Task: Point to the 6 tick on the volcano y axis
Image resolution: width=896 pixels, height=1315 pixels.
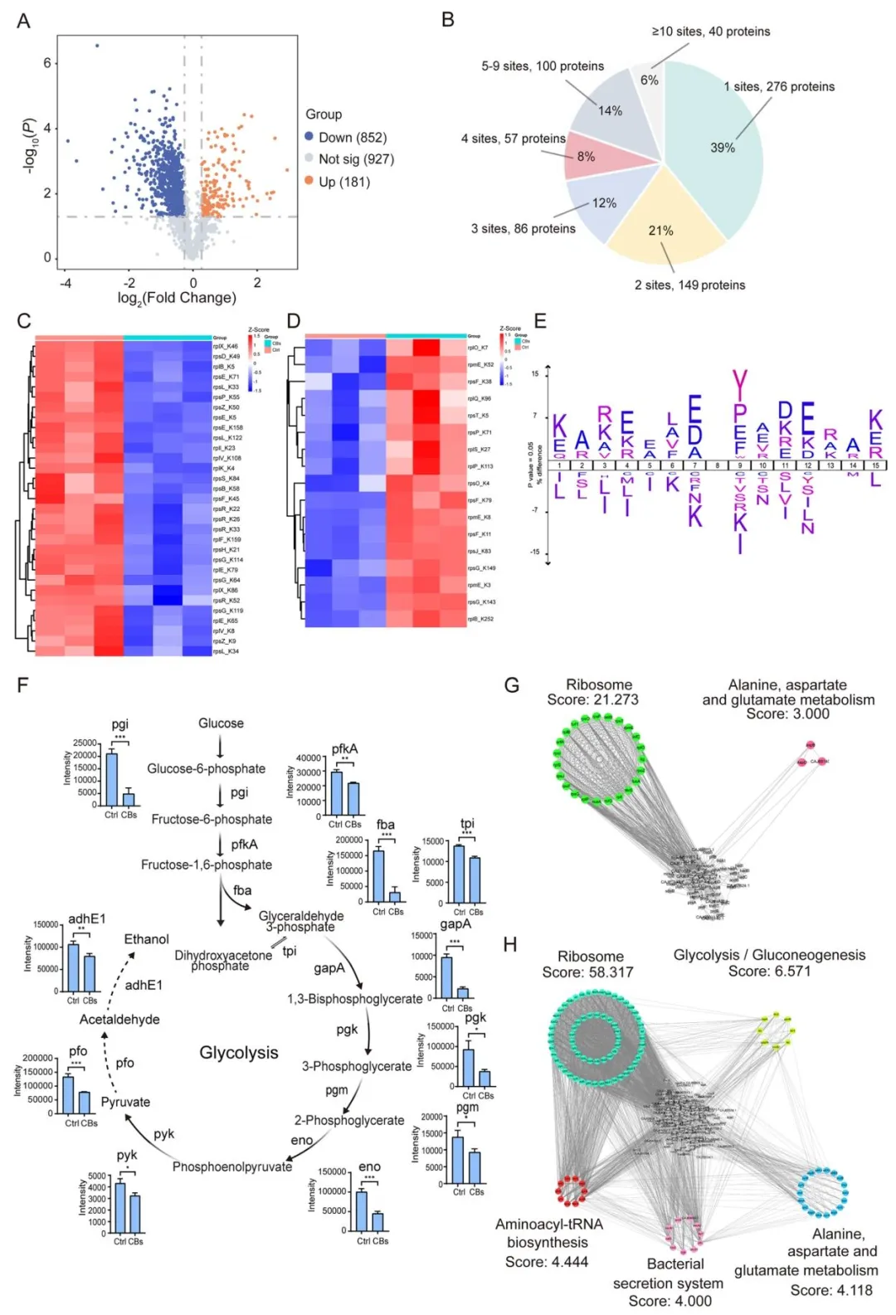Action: [47, 63]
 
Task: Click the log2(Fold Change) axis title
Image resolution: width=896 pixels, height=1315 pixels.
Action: [177, 298]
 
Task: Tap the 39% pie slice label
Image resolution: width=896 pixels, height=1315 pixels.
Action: [723, 148]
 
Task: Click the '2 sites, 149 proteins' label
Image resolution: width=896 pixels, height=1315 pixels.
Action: [689, 285]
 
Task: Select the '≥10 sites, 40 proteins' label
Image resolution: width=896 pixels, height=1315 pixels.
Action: [710, 32]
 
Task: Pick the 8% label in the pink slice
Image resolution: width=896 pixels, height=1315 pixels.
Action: [586, 156]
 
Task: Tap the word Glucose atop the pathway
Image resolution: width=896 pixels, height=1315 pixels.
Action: [221, 723]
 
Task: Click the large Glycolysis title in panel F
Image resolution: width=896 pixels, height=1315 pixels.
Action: [239, 1053]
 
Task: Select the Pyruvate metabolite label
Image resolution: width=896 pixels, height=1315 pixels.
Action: [125, 1102]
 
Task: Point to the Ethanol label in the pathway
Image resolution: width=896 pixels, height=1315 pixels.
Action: [147, 939]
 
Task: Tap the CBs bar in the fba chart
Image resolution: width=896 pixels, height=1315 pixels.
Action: [395, 896]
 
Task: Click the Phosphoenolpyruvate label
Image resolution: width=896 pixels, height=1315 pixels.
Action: [232, 1166]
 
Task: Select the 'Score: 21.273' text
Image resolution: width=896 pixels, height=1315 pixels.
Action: [592, 699]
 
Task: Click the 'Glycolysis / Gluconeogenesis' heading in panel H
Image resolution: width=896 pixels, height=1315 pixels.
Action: [769, 955]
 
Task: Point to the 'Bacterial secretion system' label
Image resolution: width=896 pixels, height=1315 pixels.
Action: [669, 1274]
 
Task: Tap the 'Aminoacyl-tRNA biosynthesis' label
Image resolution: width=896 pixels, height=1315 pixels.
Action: [548, 1233]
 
